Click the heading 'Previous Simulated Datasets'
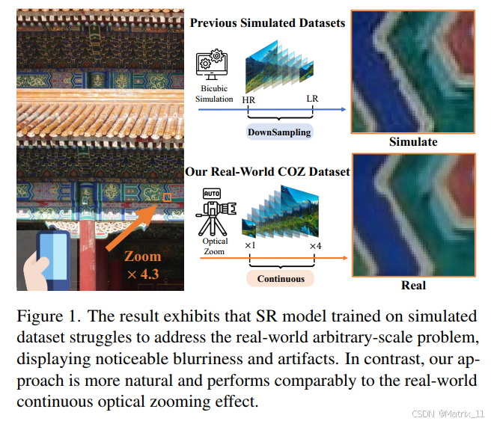point(267,23)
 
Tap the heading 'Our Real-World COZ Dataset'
point(267,172)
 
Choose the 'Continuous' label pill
point(281,279)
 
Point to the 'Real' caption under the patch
point(413,285)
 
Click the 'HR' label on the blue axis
point(248,99)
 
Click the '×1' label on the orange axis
point(250,245)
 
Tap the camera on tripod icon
point(218,212)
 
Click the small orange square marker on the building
point(168,197)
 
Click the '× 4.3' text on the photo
point(143,274)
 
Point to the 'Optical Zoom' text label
point(216,246)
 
